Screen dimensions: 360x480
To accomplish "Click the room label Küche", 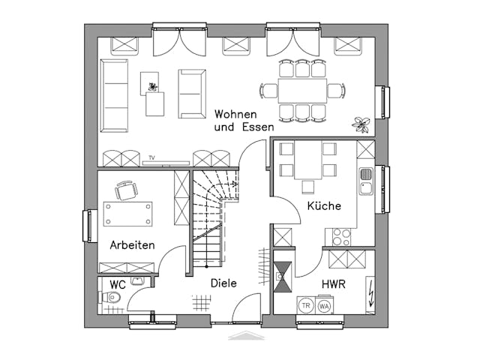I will tap(324, 205).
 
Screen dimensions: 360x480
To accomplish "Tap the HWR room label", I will tap(334, 285).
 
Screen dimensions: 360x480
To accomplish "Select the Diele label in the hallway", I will tap(223, 283).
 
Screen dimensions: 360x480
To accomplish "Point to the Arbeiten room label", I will tap(132, 245).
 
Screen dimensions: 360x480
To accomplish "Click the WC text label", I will tap(118, 285).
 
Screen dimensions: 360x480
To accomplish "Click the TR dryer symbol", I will tap(306, 305).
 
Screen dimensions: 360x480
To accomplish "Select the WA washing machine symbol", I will tap(325, 305).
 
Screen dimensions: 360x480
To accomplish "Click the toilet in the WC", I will tap(111, 298).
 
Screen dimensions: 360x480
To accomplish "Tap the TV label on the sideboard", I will tap(151, 157).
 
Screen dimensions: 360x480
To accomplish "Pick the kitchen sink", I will tap(366, 181).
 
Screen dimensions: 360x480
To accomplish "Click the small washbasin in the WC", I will tap(137, 281).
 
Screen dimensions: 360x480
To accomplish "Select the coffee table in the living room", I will tap(155, 103).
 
